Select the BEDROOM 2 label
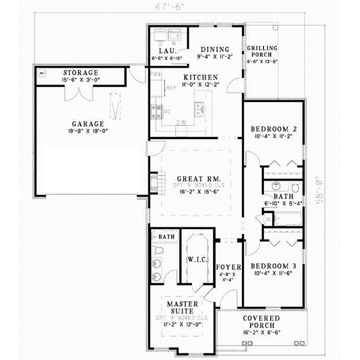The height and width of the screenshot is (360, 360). coord(272,129)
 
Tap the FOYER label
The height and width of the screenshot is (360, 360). coord(229,266)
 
